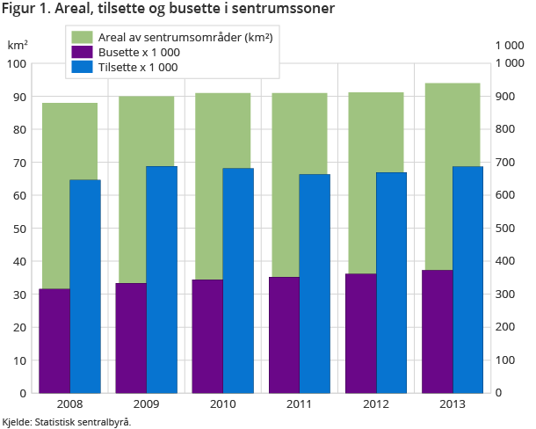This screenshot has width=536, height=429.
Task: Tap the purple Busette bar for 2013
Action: click(438, 331)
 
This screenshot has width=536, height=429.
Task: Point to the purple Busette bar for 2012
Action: click(360, 334)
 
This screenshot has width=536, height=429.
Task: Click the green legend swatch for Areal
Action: click(81, 37)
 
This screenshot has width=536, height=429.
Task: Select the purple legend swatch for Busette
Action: click(81, 52)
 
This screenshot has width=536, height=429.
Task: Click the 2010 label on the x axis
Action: click(222, 404)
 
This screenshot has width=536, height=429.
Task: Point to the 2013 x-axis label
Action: click(453, 404)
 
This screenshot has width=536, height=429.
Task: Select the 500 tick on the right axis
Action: click(507, 229)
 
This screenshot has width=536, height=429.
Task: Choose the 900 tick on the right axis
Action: click(507, 97)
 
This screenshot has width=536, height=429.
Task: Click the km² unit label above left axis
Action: click(18, 45)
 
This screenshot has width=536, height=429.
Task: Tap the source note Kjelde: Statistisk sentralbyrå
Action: click(67, 422)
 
